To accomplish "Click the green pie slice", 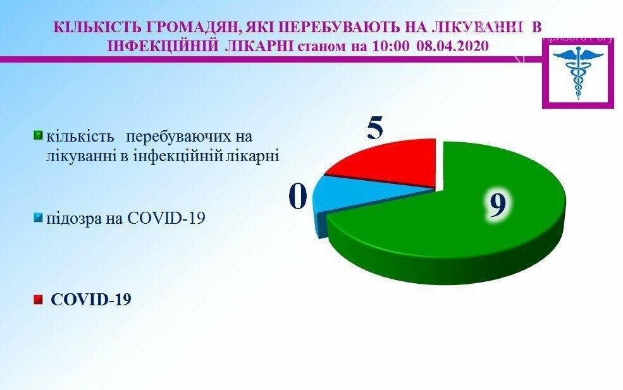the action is click(x=457, y=230).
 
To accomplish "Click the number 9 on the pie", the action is click(x=497, y=205).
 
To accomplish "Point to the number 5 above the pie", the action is click(x=375, y=128).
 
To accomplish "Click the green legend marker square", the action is click(x=38, y=135).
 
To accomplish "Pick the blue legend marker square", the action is click(x=38, y=217).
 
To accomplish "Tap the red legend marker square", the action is click(x=38, y=300).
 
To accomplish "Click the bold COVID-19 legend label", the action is click(x=90, y=300).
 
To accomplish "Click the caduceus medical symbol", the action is click(x=578, y=73).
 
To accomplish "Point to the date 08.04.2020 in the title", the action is click(x=453, y=46).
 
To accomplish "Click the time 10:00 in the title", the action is click(x=391, y=46).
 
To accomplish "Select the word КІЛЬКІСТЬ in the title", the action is click(x=98, y=27).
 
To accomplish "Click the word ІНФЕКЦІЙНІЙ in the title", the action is click(x=164, y=46).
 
